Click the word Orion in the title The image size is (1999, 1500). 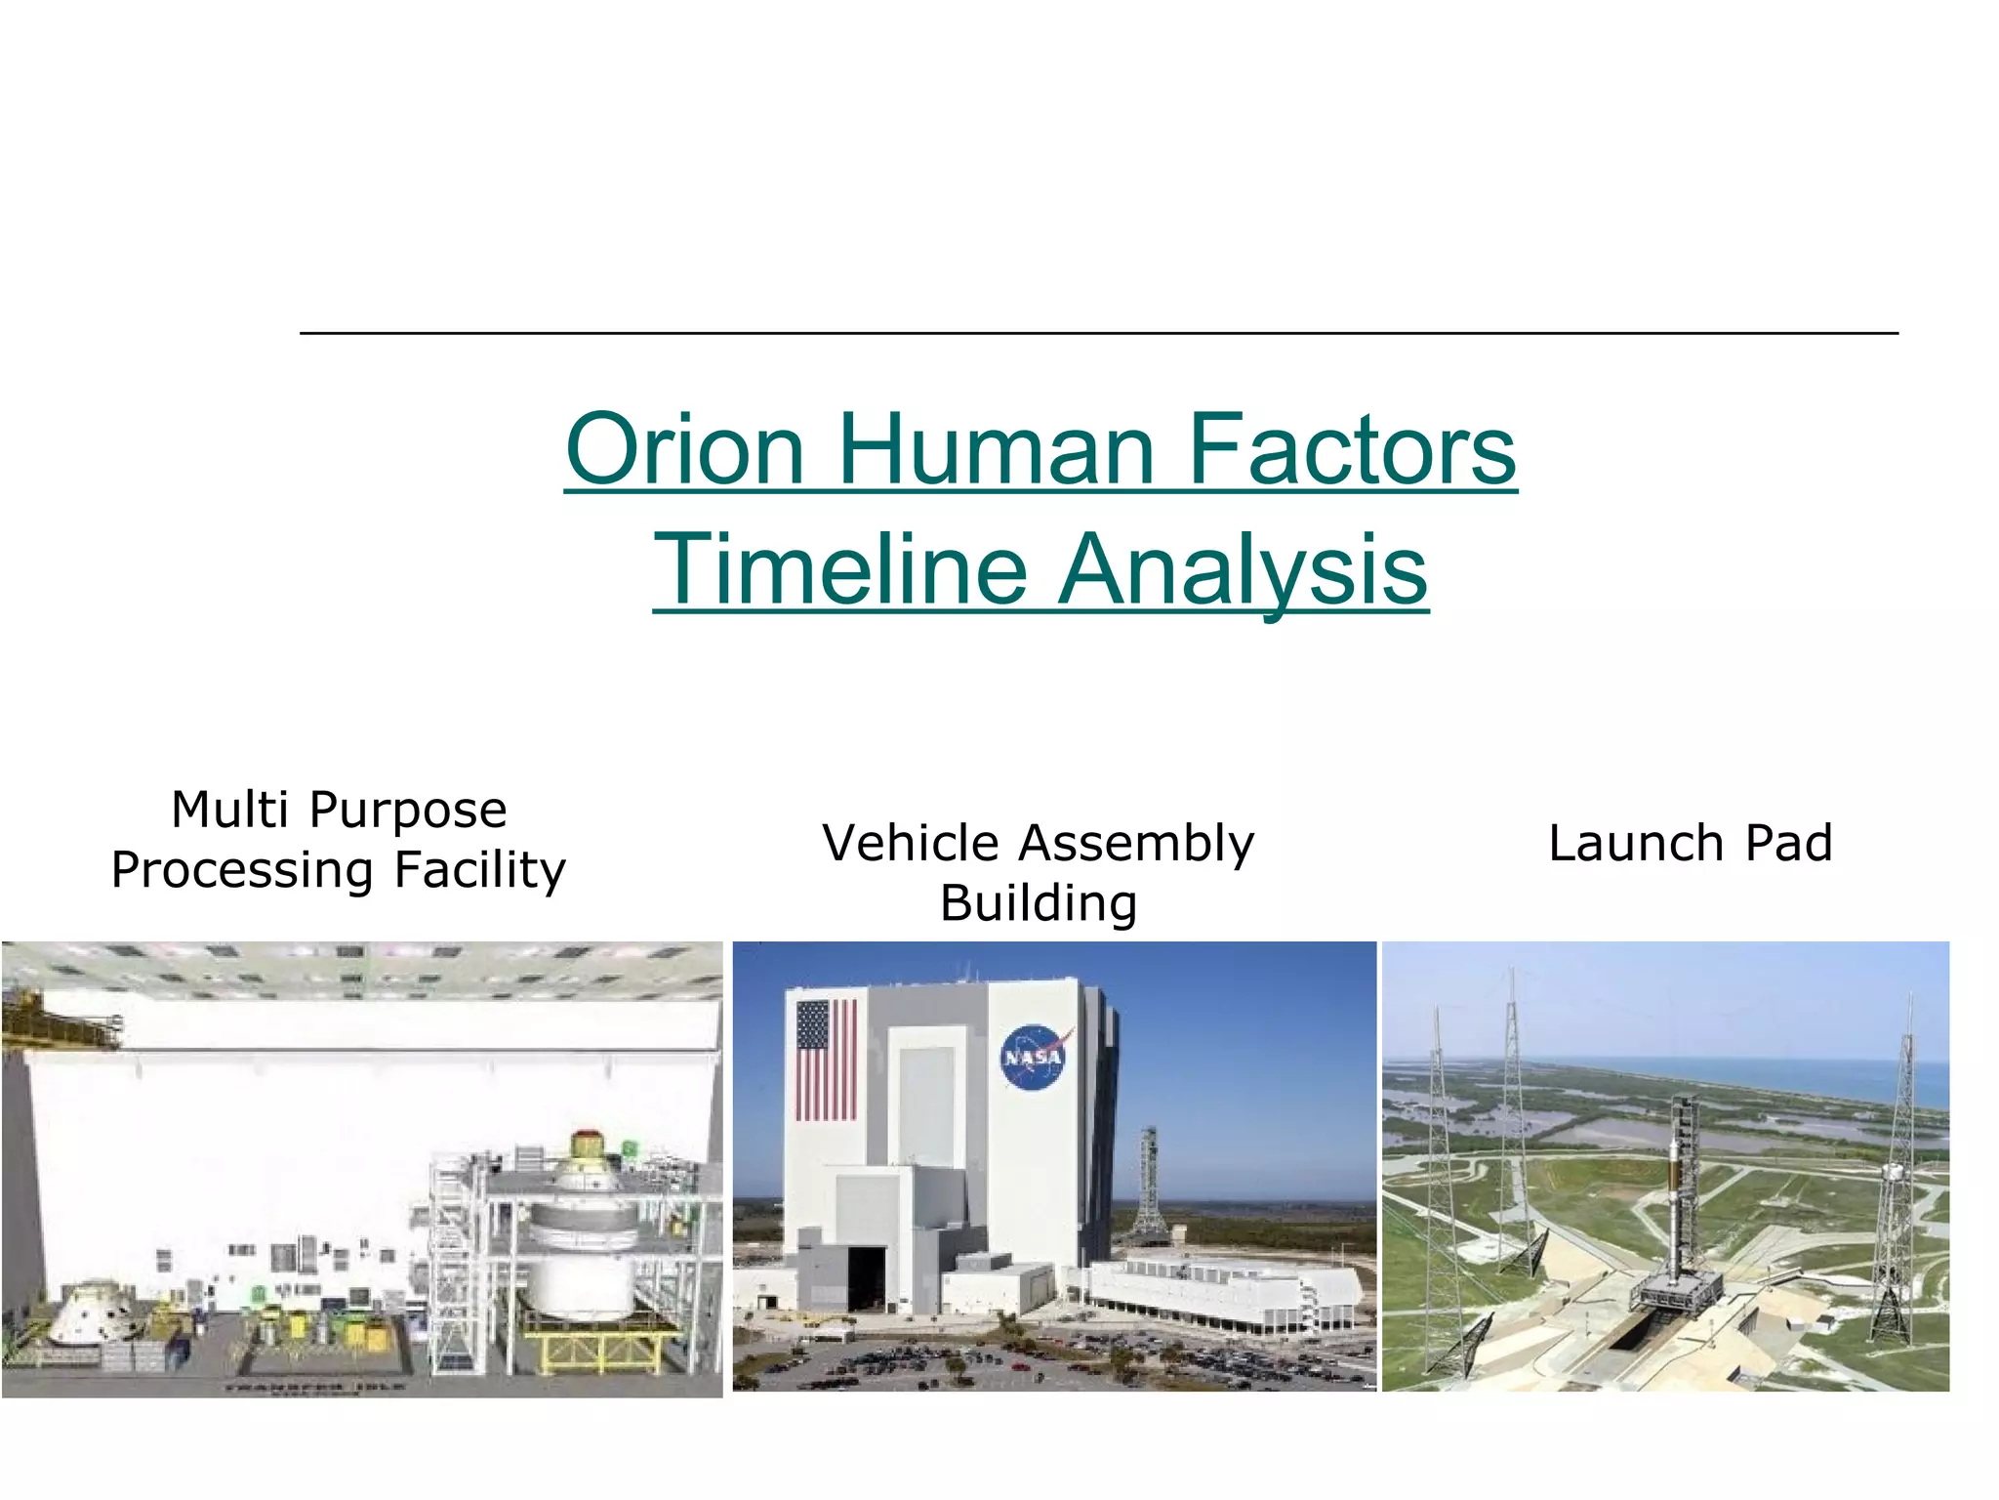click(684, 450)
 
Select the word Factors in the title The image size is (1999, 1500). click(1351, 450)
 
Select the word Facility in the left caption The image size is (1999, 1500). click(480, 870)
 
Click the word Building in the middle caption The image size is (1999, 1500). click(1039, 903)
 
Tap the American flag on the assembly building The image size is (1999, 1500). click(826, 1060)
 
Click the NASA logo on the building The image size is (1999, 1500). click(1034, 1057)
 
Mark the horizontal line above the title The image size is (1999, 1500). click(1099, 334)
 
